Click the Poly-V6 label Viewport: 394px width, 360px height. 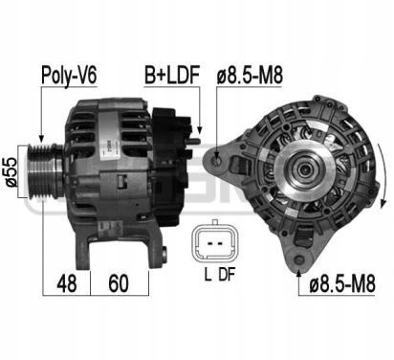coord(69,76)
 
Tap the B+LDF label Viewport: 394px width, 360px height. coord(172,75)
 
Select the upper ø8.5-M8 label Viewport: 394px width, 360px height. coord(250,76)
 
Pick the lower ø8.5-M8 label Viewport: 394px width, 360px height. coord(342,283)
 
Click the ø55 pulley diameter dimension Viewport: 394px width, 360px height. coord(11,171)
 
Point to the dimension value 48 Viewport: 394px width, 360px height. coord(67,283)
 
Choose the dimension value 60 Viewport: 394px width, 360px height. coord(119,283)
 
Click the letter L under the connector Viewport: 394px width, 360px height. coord(208,275)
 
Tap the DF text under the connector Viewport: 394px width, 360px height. coord(227,275)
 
